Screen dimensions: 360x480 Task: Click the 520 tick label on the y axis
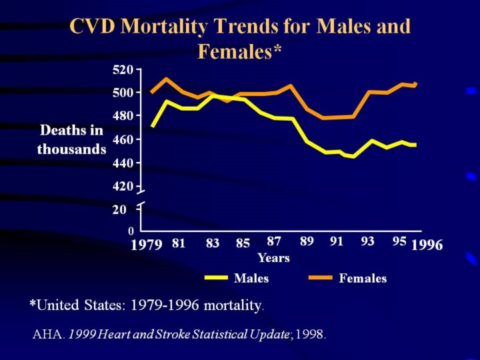(x=123, y=69)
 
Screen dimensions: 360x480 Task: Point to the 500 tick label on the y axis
(x=123, y=93)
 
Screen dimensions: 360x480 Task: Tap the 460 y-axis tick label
(x=123, y=140)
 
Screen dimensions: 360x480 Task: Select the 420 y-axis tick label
(x=123, y=187)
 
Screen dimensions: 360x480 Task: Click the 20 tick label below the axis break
(x=119, y=210)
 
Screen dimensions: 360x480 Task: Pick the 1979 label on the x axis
(x=147, y=245)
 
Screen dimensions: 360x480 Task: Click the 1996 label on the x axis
(x=427, y=245)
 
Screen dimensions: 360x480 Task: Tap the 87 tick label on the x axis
(x=274, y=241)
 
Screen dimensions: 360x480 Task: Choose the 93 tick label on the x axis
(x=367, y=241)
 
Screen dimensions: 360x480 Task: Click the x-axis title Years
(x=273, y=258)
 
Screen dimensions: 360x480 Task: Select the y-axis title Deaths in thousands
(x=71, y=140)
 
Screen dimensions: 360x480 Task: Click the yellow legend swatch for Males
(x=216, y=278)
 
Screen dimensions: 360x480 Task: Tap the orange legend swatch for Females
(x=321, y=278)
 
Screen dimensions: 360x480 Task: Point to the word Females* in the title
(x=240, y=51)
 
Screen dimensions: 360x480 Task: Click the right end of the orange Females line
(x=415, y=84)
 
